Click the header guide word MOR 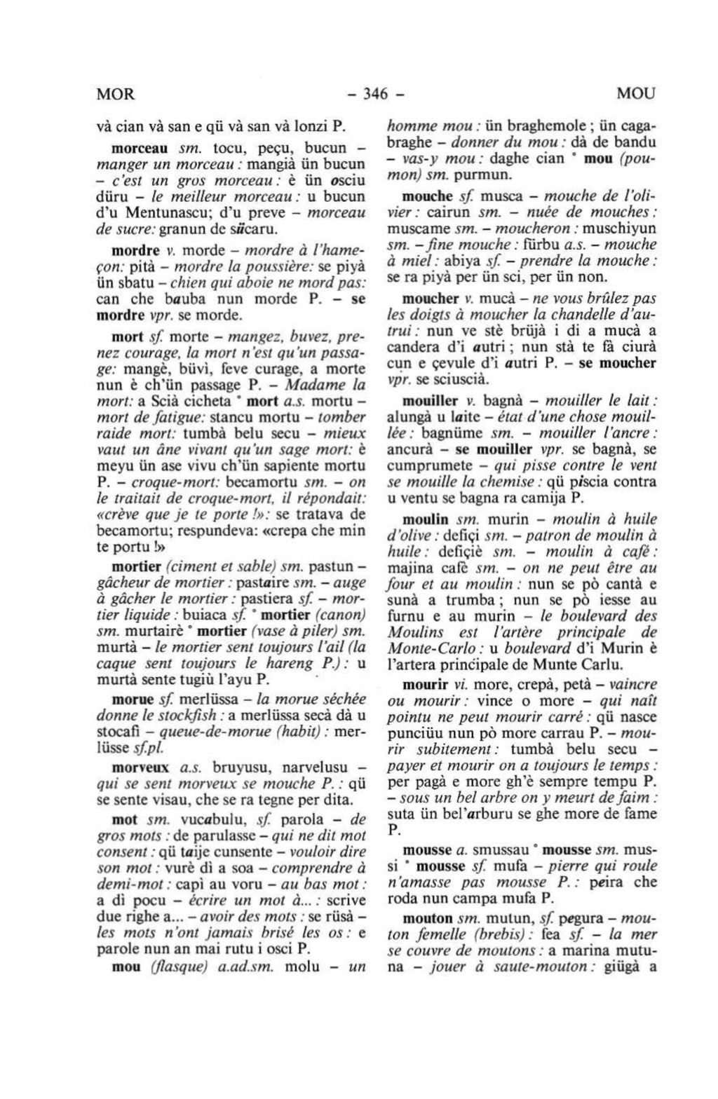coord(114,93)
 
